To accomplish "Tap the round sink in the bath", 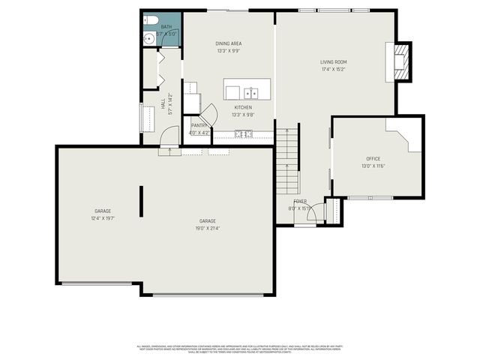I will [x=148, y=37].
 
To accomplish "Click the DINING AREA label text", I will [x=229, y=43].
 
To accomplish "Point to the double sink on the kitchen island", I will [x=250, y=93].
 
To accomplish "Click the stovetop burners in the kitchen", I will [x=244, y=134].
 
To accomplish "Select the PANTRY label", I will [x=199, y=125].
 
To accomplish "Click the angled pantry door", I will [x=210, y=113].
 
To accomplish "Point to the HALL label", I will [x=163, y=105].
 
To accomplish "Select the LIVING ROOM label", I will [x=334, y=62].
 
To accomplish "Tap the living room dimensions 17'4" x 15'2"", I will [x=334, y=70].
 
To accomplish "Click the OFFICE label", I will [x=373, y=158].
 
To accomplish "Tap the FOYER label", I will [x=300, y=202].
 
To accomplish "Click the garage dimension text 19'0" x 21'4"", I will [x=208, y=228].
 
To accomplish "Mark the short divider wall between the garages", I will [x=140, y=201].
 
